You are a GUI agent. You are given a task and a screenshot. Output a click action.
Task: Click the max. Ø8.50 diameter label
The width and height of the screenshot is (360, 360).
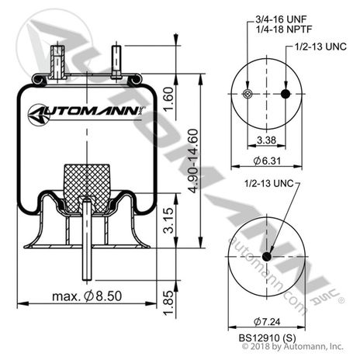(x=84, y=296)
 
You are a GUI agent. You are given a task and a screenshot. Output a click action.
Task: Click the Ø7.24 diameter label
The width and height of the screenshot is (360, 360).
(x=266, y=321)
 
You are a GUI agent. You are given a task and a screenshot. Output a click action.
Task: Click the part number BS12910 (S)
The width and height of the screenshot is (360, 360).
(x=266, y=338)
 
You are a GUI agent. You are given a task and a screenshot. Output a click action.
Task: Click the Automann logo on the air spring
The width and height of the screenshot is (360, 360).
(x=85, y=114)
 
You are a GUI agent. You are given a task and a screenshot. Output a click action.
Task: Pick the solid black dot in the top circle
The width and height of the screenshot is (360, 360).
(x=286, y=95)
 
